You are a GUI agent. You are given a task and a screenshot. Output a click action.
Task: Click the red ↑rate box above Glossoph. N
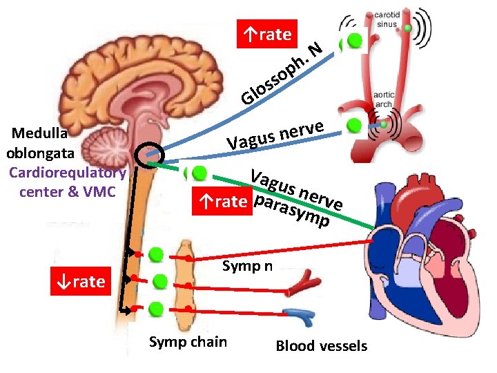[267, 34]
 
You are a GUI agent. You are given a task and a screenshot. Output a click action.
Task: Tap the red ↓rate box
[81, 281]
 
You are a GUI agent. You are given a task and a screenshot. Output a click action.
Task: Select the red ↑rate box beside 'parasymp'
[222, 201]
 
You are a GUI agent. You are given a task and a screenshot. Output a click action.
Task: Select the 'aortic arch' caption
[384, 99]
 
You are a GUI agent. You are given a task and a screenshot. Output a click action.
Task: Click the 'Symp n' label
[247, 265]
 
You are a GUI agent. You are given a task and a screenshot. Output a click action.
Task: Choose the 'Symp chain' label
[188, 341]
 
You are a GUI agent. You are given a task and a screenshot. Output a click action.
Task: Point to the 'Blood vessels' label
[321, 346]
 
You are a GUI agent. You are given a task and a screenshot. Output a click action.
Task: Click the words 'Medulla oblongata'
[37, 142]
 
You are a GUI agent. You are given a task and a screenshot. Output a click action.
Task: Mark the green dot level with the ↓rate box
[159, 282]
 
